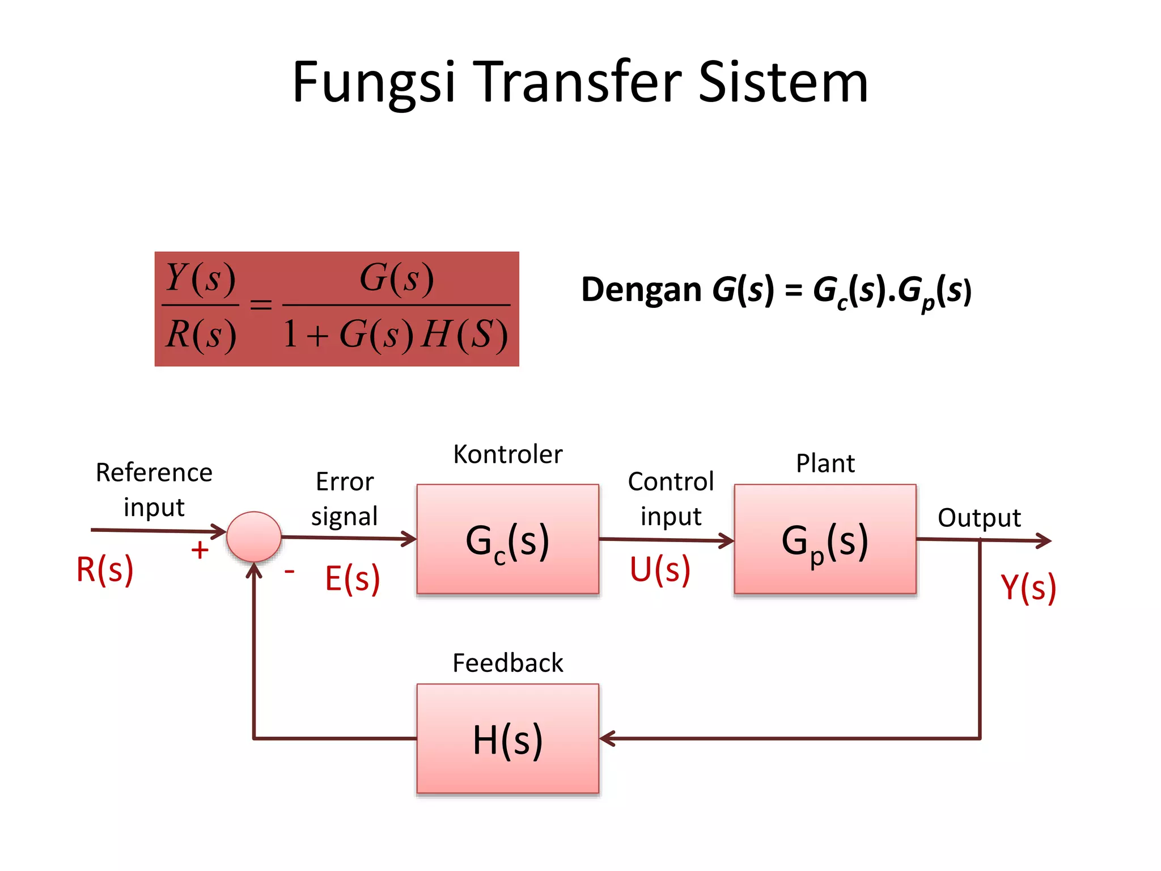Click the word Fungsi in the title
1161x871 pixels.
374,83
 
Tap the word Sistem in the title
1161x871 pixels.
783,83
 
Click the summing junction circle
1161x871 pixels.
253,536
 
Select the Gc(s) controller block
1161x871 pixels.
507,539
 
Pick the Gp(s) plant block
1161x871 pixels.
825,539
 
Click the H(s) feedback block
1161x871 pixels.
507,739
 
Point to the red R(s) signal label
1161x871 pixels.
105,569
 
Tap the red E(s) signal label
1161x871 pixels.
352,579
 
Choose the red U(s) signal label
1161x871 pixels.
660,569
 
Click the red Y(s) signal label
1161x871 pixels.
1028,587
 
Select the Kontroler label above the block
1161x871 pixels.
507,454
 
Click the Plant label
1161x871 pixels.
825,463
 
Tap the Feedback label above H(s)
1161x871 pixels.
507,663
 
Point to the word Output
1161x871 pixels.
979,518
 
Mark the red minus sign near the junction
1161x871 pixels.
289,571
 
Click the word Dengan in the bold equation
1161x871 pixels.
641,290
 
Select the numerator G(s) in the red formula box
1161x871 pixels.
397,278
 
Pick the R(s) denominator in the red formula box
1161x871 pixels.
201,334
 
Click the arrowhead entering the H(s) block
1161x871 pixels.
607,739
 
